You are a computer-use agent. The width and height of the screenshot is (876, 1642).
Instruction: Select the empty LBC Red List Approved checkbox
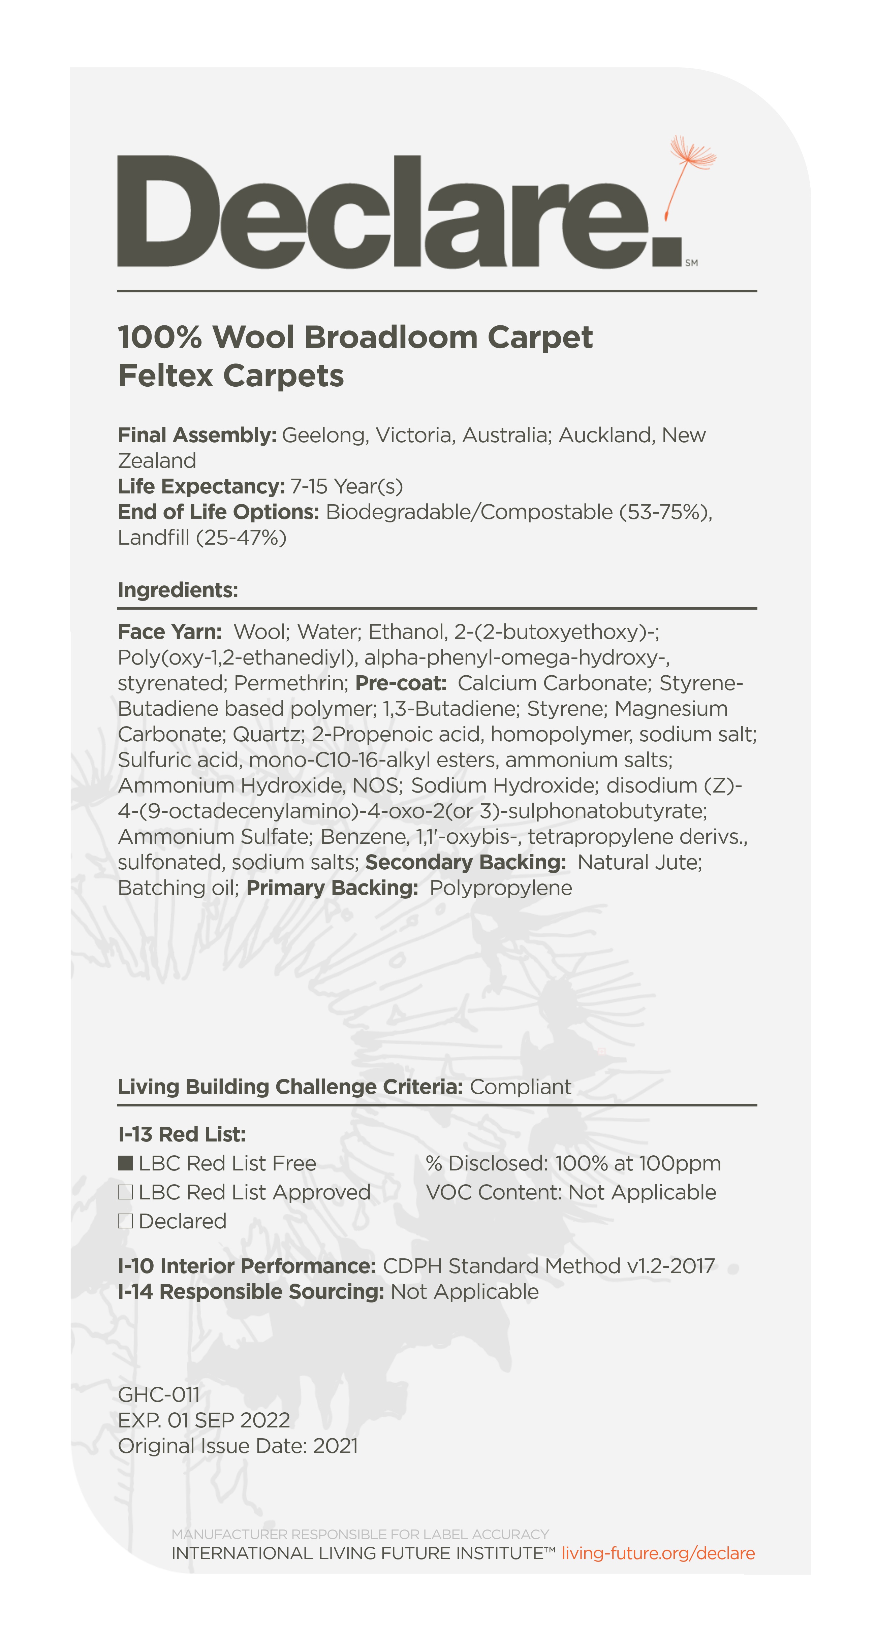[125, 1192]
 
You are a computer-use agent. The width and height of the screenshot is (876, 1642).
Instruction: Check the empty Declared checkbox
[125, 1221]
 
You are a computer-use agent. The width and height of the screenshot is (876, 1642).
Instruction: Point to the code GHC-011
[159, 1395]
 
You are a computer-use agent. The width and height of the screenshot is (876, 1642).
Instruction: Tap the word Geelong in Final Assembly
[324, 436]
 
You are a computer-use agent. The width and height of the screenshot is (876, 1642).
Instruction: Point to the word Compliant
[520, 1087]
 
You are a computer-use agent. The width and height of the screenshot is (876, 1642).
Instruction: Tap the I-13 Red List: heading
[182, 1135]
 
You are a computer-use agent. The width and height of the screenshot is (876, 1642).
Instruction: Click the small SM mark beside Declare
[691, 263]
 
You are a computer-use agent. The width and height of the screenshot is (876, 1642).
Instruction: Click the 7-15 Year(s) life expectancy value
[347, 486]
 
